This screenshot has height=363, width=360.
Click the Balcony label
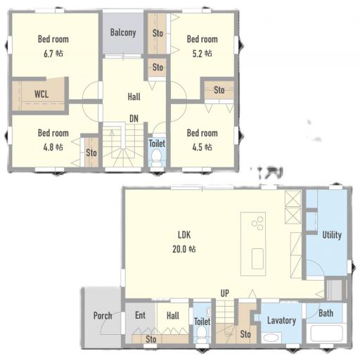coord(123,32)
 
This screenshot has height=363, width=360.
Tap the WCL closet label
coord(41,94)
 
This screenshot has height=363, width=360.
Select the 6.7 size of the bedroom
coord(49,53)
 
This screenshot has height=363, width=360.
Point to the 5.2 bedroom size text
coord(198,53)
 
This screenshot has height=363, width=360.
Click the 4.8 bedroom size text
coord(49,147)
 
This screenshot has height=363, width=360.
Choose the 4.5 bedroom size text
coord(198,147)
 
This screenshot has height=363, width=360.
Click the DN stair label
coord(134,118)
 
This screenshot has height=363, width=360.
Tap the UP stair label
coord(225,293)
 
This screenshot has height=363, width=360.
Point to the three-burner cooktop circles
coord(257,223)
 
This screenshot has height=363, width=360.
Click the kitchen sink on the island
coord(257,259)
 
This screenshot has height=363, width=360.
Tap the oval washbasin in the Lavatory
coord(271,338)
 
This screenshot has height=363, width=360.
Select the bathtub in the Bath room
coord(326,333)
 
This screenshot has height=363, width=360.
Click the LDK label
coord(184,235)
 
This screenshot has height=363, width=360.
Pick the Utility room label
coord(332,235)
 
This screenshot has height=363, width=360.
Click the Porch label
coord(103,315)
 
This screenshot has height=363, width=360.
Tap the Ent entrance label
coord(140,315)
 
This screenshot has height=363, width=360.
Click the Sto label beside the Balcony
coord(157,33)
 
